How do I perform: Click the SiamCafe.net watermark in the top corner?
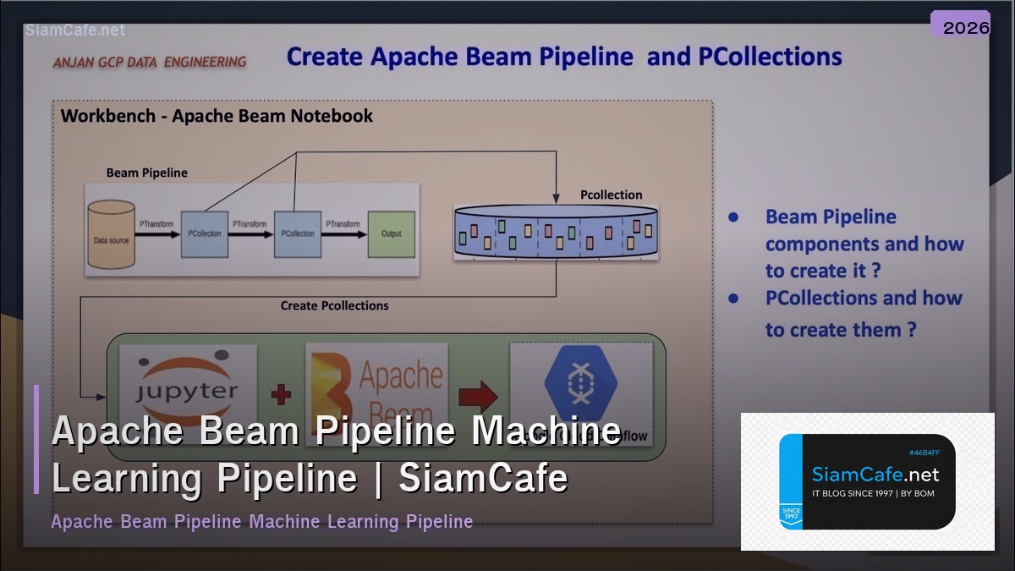click(x=75, y=30)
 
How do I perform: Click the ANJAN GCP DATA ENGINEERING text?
click(x=150, y=62)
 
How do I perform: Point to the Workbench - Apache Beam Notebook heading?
click(x=217, y=116)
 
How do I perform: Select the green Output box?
click(x=391, y=233)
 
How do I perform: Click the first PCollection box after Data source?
click(x=204, y=233)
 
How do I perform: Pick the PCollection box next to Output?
click(x=298, y=233)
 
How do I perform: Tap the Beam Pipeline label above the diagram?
click(x=146, y=173)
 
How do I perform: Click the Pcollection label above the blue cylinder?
click(x=611, y=195)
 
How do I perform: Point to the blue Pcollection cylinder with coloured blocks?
click(x=556, y=232)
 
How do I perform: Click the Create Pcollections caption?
click(x=334, y=305)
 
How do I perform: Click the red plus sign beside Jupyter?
click(x=280, y=394)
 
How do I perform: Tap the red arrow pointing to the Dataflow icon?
click(x=478, y=394)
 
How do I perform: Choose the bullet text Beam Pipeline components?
click(x=864, y=244)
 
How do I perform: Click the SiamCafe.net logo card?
click(x=867, y=481)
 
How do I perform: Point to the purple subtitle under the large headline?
click(x=261, y=521)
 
